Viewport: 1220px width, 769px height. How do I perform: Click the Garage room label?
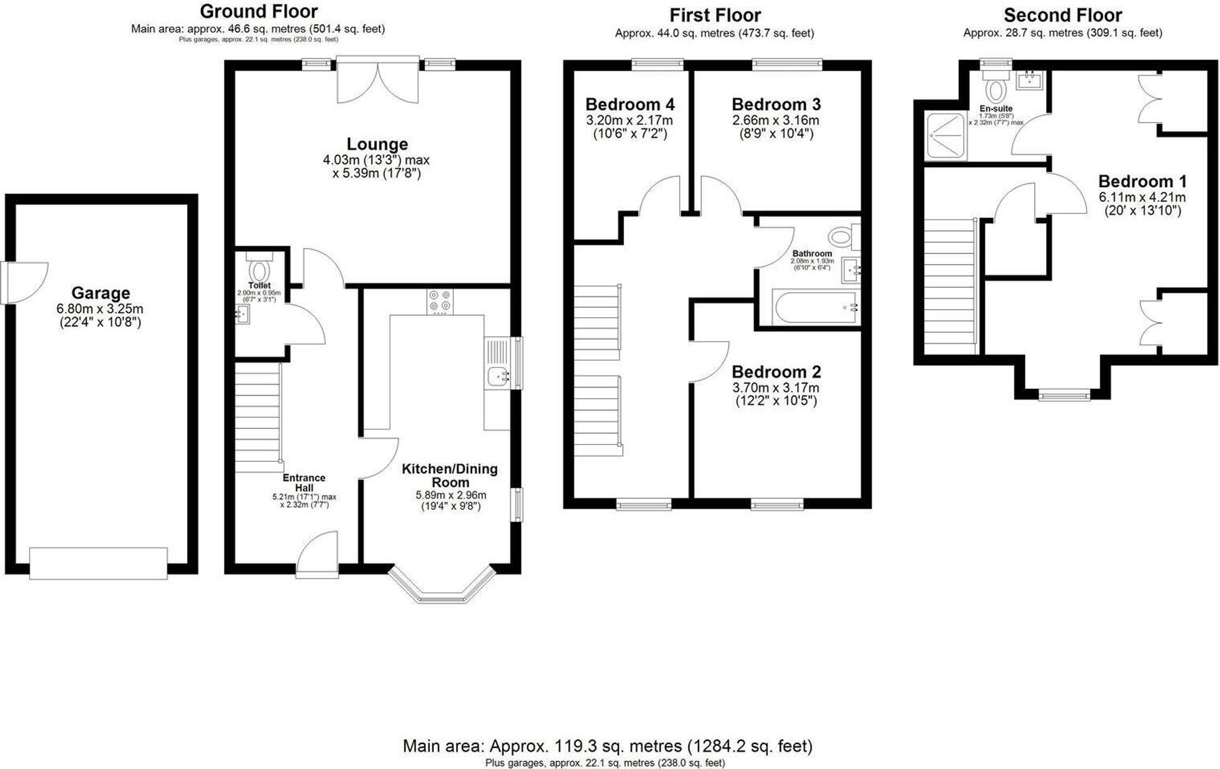coord(101,293)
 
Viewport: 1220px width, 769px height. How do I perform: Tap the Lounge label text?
coord(377,145)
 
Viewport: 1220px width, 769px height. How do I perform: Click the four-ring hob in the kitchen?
coord(440,301)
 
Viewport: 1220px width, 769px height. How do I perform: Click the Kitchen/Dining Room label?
coord(450,475)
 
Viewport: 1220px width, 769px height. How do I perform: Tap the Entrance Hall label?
coord(304,483)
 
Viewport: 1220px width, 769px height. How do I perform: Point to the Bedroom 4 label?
coord(630,105)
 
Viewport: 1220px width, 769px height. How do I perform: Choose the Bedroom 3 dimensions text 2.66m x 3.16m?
coord(776,120)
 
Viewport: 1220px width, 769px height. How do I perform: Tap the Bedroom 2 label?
coord(776,372)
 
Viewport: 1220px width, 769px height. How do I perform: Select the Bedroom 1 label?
coord(1143,182)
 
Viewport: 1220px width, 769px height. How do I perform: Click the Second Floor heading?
coord(1063,15)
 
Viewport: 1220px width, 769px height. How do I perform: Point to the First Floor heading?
coord(715,15)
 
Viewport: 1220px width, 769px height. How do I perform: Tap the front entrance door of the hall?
coord(317,554)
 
